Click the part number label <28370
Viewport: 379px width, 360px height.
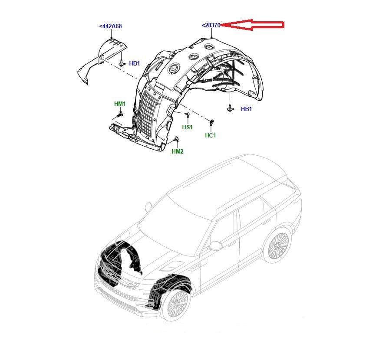(211, 25)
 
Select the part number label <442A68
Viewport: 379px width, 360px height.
(110, 26)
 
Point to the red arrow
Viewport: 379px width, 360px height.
(252, 25)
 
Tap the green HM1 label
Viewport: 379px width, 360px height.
(120, 104)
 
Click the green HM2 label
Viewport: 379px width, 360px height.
(178, 151)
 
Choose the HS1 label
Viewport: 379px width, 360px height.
(187, 127)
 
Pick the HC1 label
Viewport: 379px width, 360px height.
(210, 135)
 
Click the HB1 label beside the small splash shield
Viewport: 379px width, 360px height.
(135, 63)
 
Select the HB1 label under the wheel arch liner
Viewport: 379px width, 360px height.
(246, 109)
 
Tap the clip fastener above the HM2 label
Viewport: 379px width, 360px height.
(176, 139)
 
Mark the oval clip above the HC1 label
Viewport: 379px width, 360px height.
(211, 122)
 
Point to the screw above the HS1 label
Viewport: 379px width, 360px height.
(187, 114)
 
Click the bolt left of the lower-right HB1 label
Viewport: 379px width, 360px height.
(230, 109)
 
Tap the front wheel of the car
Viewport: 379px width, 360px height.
(176, 304)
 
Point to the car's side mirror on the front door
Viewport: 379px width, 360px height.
(216, 245)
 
